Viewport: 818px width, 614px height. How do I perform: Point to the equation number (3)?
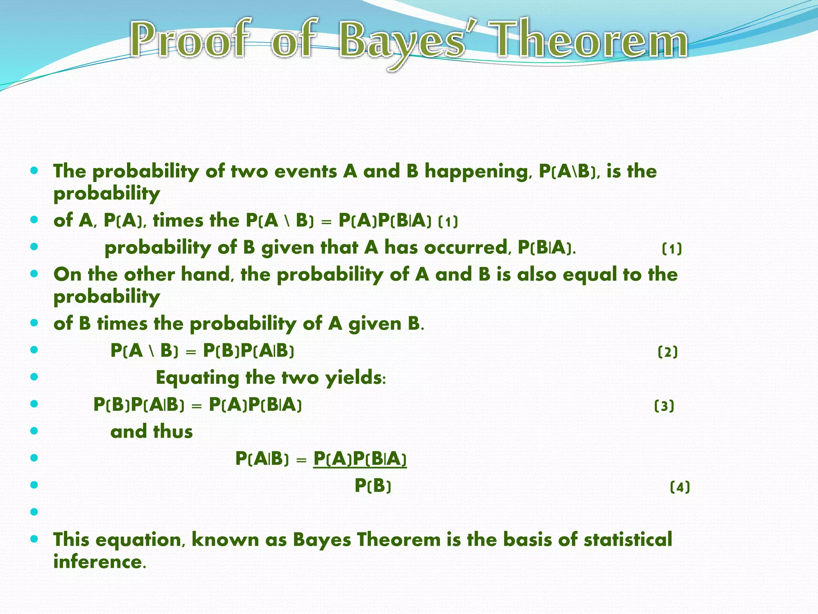(664, 406)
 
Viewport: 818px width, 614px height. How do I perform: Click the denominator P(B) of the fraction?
(373, 486)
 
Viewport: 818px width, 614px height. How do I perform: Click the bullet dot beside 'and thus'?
(34, 431)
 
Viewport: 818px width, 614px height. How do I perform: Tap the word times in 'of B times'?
(122, 323)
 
